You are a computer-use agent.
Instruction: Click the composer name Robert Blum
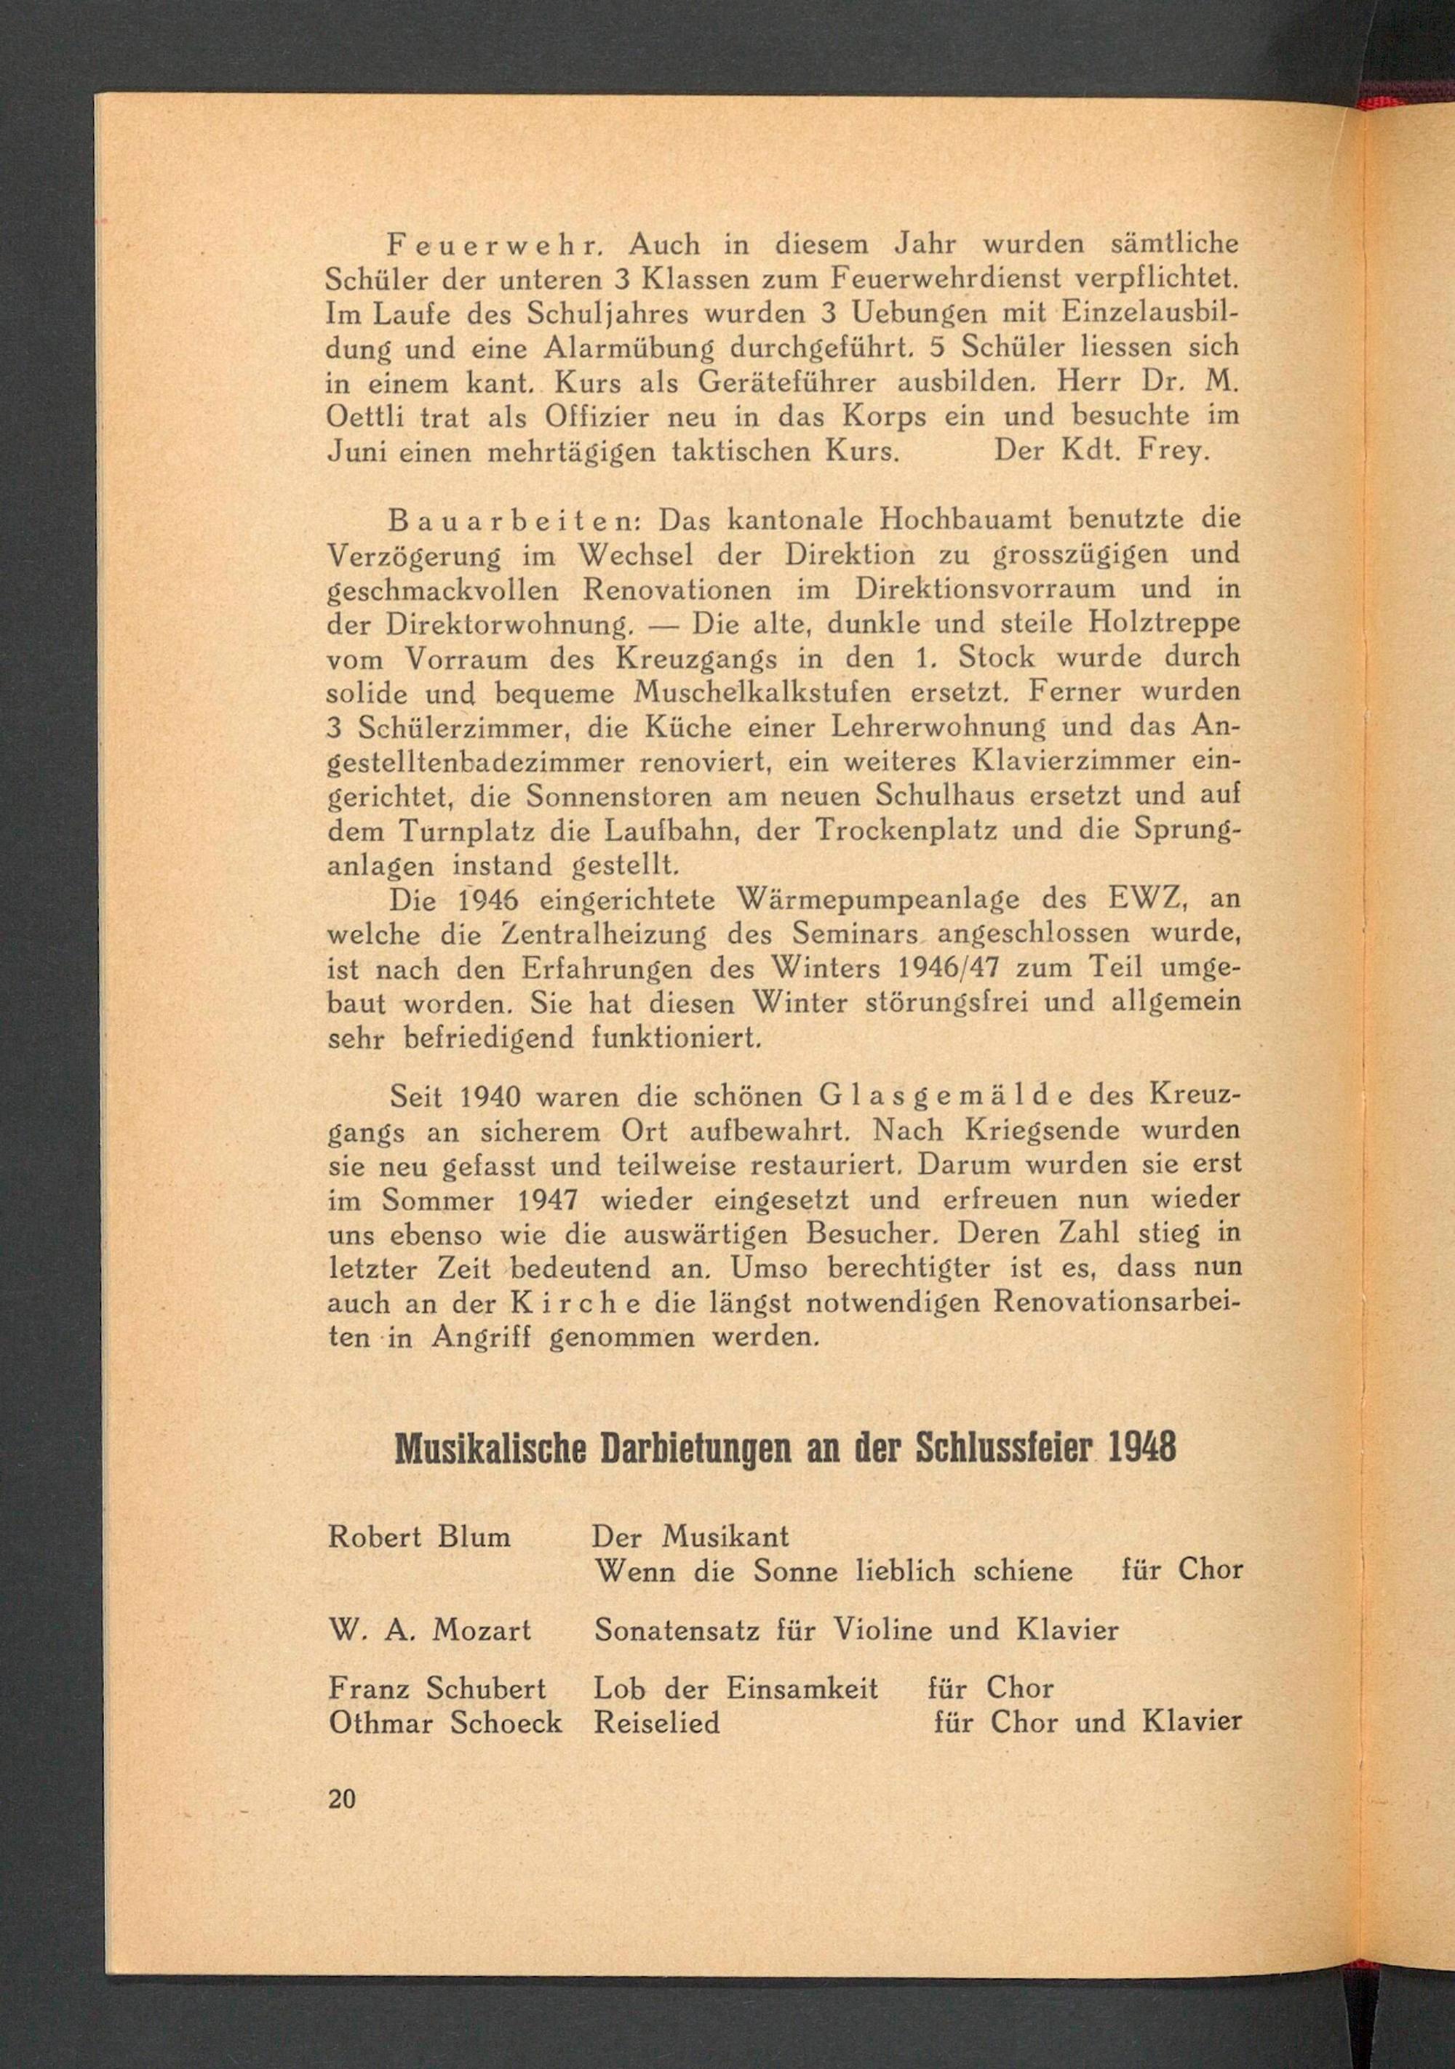pyautogui.click(x=419, y=1537)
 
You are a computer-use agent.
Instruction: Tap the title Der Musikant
pyautogui.click(x=691, y=1537)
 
